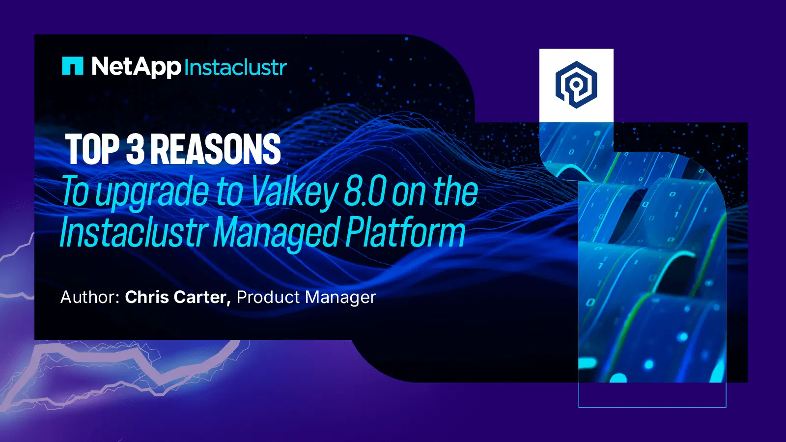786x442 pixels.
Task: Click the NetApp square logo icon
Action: pos(73,66)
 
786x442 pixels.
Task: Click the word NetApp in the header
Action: pos(136,67)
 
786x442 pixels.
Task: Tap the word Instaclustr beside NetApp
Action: pos(235,67)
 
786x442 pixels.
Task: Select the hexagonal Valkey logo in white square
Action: pos(576,85)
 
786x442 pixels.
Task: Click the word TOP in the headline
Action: pos(92,149)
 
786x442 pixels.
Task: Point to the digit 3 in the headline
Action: pos(135,149)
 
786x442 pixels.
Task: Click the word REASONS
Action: pos(216,149)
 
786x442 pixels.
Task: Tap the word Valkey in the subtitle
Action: pos(294,192)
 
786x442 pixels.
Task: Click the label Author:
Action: pos(90,297)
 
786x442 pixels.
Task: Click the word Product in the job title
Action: pos(268,297)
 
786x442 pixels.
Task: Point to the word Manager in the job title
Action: pos(340,298)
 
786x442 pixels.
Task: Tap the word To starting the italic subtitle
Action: pos(75,192)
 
